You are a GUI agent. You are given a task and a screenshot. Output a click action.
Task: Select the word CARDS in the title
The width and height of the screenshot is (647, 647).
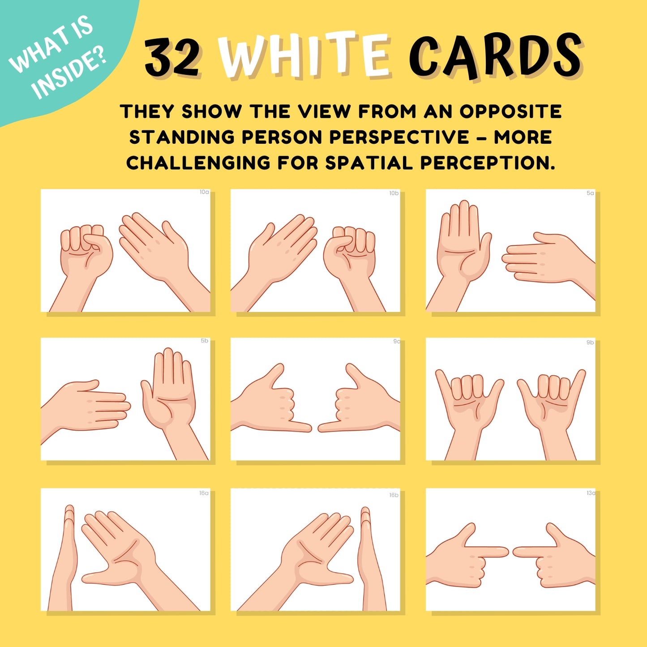click(495, 56)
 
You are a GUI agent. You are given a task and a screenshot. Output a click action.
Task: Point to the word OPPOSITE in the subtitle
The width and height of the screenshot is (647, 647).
click(510, 111)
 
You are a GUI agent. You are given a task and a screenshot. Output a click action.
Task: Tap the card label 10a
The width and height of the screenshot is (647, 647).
click(204, 193)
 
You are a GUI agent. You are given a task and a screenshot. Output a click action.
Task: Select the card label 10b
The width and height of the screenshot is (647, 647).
click(394, 193)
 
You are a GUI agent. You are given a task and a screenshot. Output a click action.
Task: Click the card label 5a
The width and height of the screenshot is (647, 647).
click(590, 193)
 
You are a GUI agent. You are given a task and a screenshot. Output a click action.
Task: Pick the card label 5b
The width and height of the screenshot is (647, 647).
click(205, 341)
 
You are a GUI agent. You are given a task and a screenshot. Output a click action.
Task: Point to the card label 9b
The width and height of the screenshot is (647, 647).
click(590, 343)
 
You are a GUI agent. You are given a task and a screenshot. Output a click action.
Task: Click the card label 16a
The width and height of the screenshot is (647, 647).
click(204, 493)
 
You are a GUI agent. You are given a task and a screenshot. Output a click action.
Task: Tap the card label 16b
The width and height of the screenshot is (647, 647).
click(394, 495)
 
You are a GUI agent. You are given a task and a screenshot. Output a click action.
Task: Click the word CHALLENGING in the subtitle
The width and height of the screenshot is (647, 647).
click(198, 163)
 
